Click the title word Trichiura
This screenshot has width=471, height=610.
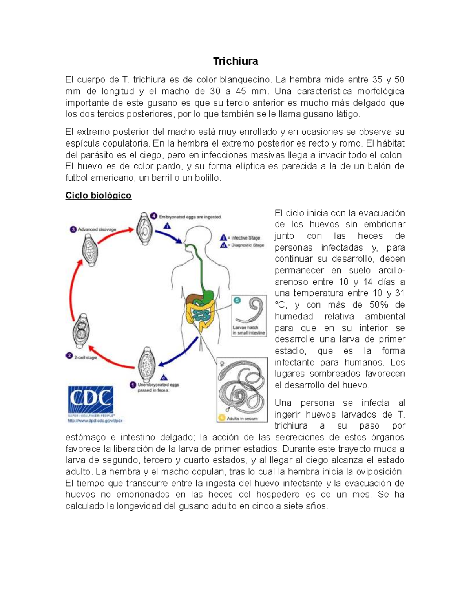(235, 61)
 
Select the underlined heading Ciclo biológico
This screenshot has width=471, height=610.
(98, 196)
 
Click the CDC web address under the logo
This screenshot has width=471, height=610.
(95, 420)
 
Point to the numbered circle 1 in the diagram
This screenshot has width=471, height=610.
(133, 385)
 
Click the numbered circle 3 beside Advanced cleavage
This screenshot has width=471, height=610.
(73, 229)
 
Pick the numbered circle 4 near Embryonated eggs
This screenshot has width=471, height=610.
(154, 216)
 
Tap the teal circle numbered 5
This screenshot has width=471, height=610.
(237, 300)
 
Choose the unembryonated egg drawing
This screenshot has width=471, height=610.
(146, 364)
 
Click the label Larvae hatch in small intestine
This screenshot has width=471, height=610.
(249, 330)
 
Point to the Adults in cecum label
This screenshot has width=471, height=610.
(242, 418)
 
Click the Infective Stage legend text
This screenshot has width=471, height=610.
(245, 238)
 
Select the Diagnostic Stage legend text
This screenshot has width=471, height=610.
(247, 245)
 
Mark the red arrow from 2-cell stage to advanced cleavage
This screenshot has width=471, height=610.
(72, 287)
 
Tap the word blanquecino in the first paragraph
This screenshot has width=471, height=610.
(245, 80)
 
